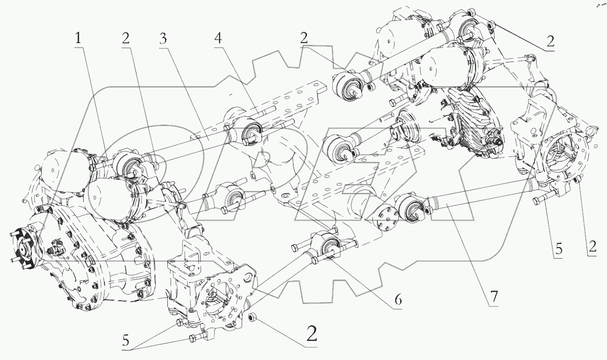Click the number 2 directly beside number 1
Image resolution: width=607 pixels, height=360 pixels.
(x=126, y=39)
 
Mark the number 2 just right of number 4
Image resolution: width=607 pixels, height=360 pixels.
(x=303, y=39)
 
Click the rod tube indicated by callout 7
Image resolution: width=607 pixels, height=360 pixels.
(x=478, y=197)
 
